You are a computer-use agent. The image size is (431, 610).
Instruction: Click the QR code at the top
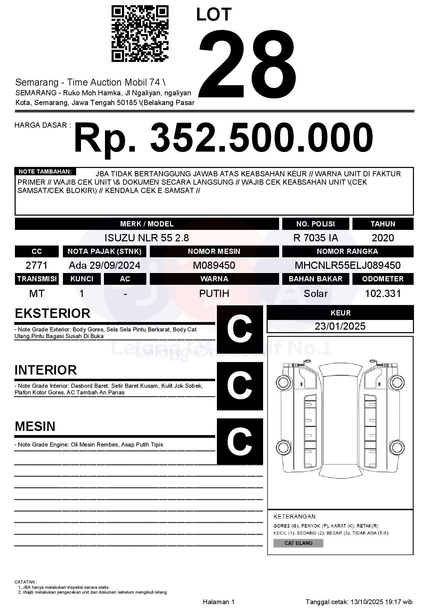pyautogui.click(x=140, y=34)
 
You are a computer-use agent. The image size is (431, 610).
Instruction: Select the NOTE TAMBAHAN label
pyautogui.click(x=45, y=171)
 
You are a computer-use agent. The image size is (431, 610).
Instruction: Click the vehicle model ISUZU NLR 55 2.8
pyautogui.click(x=147, y=238)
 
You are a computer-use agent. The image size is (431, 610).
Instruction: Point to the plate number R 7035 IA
pyautogui.click(x=316, y=238)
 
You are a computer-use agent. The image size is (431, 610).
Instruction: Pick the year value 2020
pyautogui.click(x=383, y=238)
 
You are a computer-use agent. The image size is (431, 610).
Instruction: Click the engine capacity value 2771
pyautogui.click(x=36, y=265)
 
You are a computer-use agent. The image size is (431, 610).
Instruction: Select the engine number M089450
pyautogui.click(x=214, y=265)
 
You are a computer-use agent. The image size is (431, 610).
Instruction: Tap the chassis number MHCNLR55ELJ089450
pyautogui.click(x=348, y=265)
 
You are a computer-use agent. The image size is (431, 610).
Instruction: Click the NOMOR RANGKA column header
pyautogui.click(x=348, y=251)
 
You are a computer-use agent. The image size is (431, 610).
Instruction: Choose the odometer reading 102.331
pyautogui.click(x=383, y=294)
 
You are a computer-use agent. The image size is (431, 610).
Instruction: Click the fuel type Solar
pyautogui.click(x=316, y=294)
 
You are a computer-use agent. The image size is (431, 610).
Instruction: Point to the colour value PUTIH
pyautogui.click(x=214, y=294)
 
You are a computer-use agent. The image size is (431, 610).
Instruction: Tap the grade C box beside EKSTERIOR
pyautogui.click(x=240, y=329)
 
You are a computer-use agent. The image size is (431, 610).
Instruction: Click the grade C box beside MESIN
pyautogui.click(x=240, y=441)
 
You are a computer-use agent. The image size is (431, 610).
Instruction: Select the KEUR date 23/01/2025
pyautogui.click(x=340, y=326)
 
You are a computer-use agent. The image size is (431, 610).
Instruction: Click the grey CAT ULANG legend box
pyautogui.click(x=298, y=543)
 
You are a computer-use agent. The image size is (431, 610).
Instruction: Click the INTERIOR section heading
pyautogui.click(x=46, y=370)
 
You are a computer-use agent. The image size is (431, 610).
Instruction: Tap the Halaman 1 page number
pyautogui.click(x=219, y=602)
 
